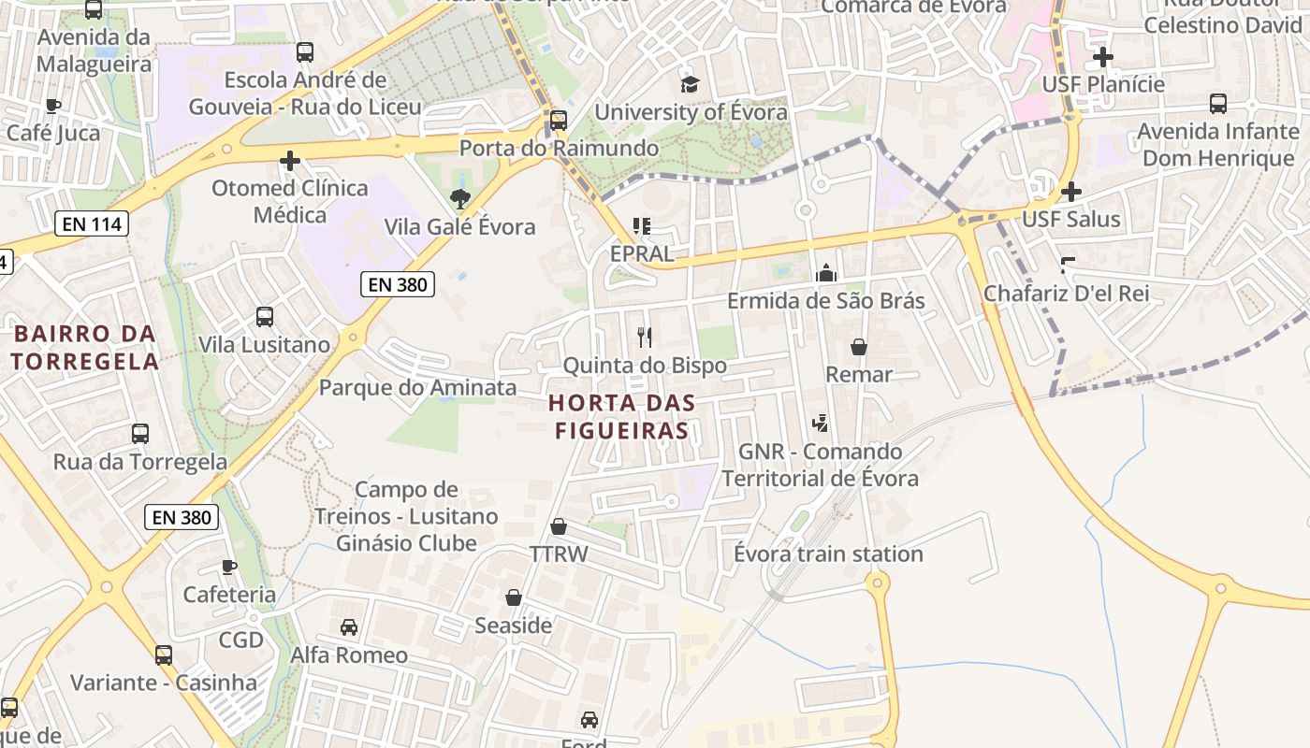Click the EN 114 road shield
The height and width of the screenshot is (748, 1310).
point(91,224)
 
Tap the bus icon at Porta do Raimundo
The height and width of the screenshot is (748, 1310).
point(559,121)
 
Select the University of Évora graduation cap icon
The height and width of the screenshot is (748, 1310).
point(690,85)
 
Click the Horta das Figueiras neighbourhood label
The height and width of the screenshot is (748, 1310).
point(622,417)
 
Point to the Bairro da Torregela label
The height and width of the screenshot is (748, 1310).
point(84,347)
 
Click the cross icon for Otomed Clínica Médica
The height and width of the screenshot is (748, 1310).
point(290,161)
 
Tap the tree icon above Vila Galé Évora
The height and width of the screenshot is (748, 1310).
point(459,198)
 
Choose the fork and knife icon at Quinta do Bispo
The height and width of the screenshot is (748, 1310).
point(644,337)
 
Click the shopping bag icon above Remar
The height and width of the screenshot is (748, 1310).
point(859,347)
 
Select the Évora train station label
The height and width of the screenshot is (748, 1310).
point(828,554)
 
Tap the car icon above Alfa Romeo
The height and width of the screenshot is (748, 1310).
point(349,626)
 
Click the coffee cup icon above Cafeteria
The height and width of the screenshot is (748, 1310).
point(229,567)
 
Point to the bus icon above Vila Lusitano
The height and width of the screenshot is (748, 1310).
point(265,317)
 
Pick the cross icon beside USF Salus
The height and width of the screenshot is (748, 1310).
point(1071,192)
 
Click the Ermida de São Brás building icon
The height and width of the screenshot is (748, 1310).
point(826,273)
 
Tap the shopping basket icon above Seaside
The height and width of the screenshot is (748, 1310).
point(513,597)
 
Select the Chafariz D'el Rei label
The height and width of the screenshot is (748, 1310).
point(1066,294)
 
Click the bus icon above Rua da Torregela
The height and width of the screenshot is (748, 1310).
point(140,434)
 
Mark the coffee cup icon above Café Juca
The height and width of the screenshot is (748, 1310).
point(53,106)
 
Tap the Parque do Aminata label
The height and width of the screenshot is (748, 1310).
point(418,387)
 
